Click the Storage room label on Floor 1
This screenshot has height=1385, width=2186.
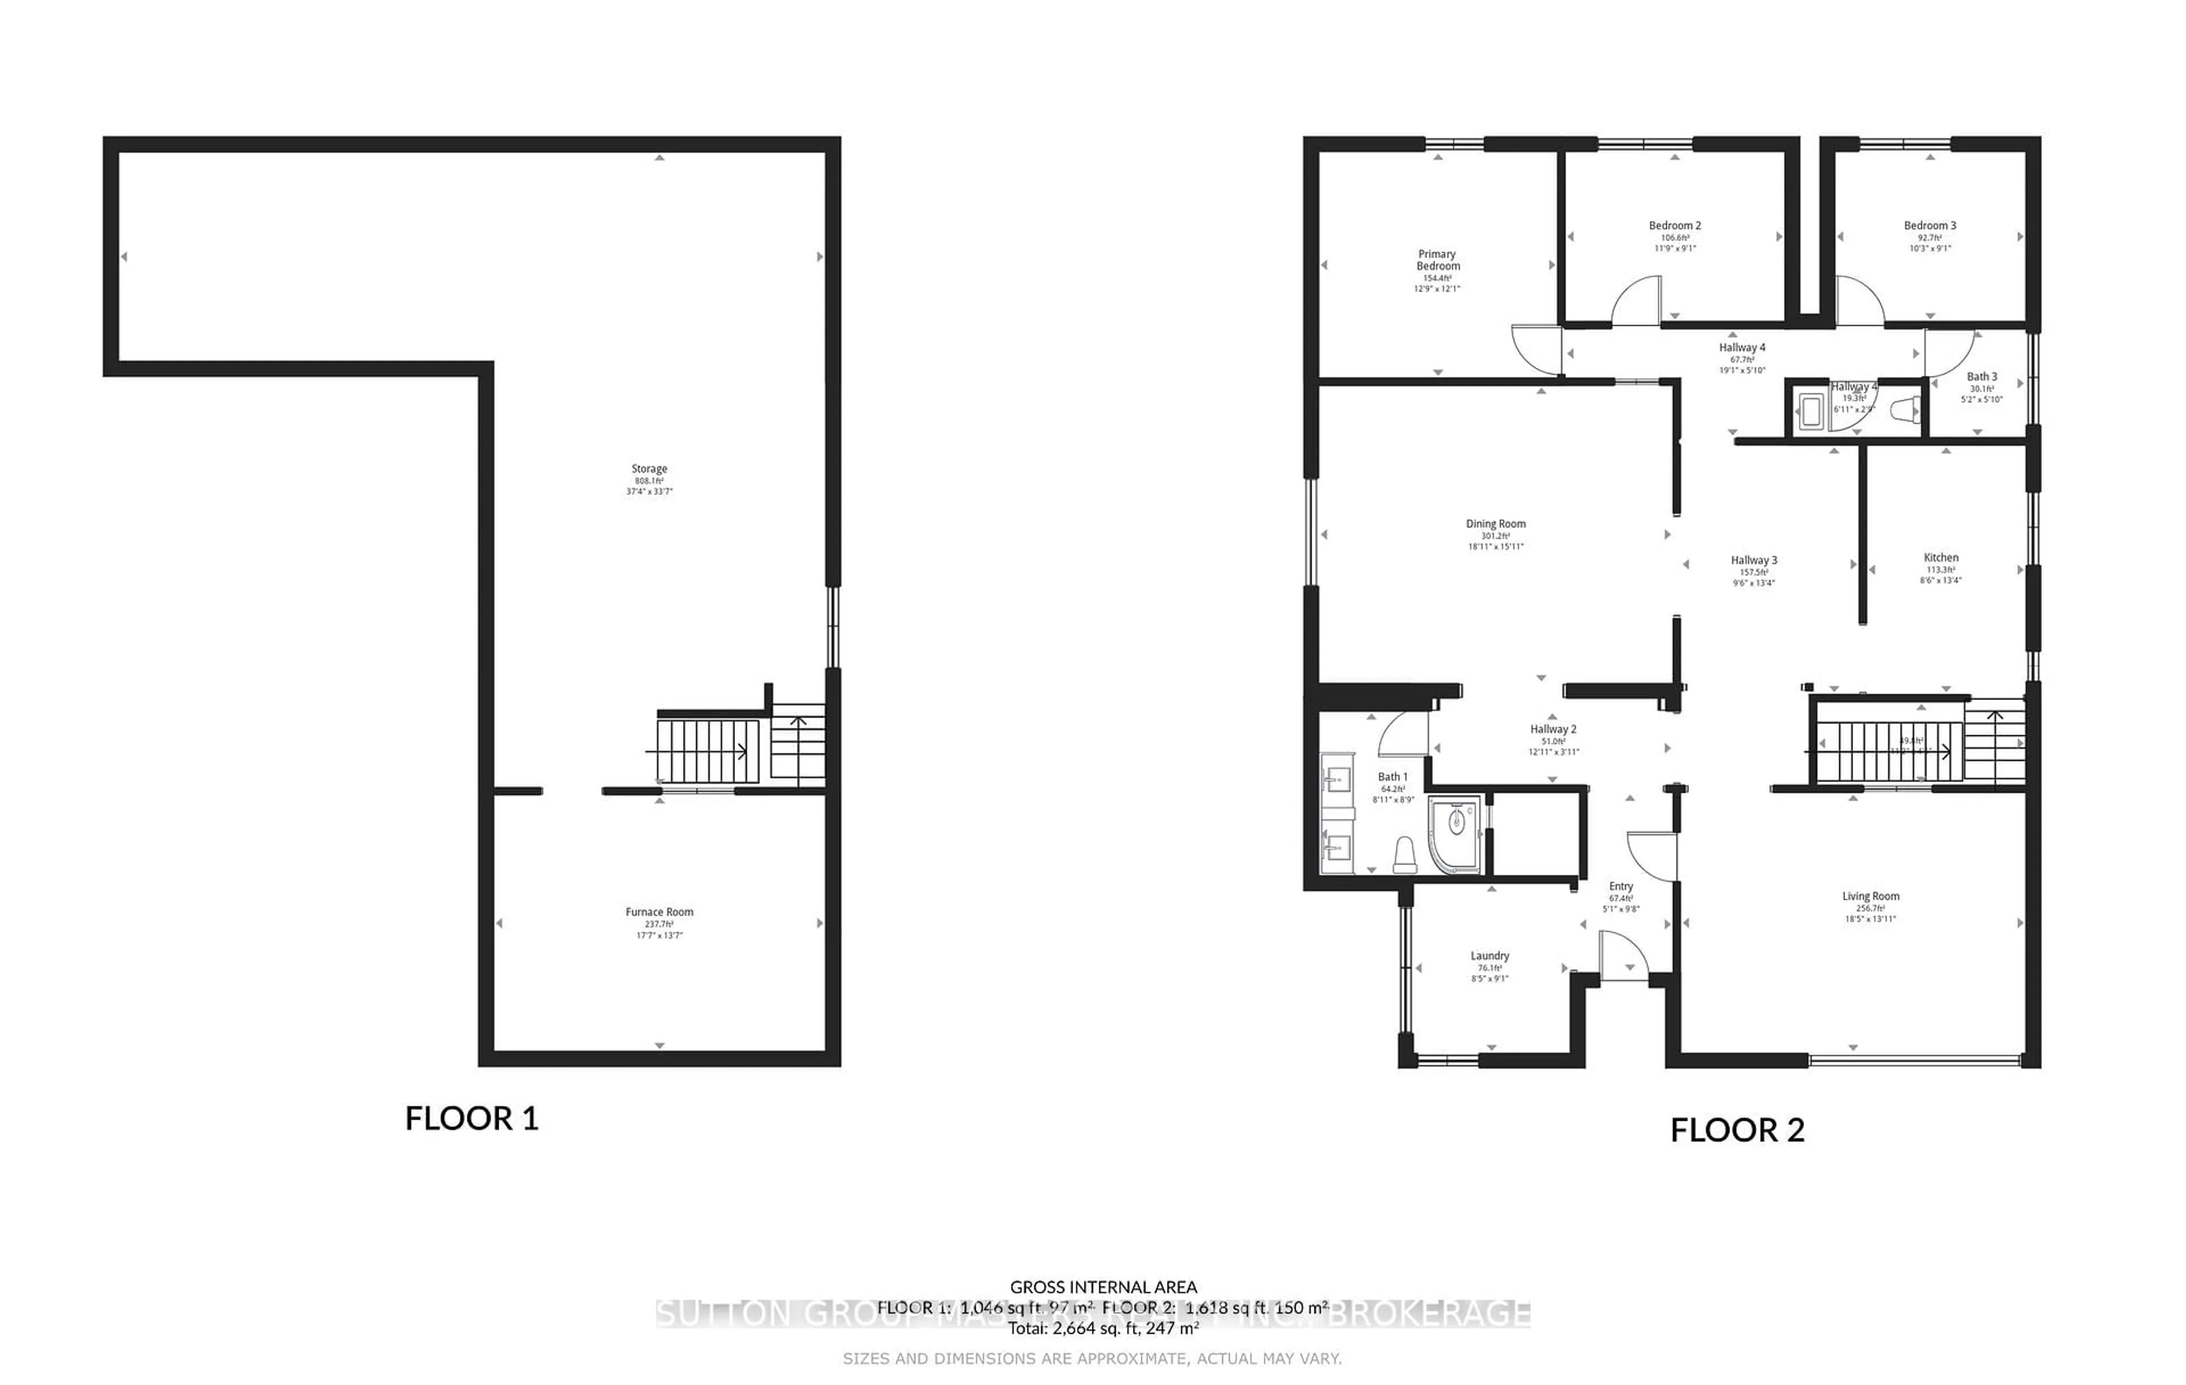[x=649, y=469]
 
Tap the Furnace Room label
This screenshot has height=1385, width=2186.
[x=659, y=912]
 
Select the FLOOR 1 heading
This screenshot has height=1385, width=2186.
[x=471, y=1118]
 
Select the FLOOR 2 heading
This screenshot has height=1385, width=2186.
[x=1737, y=1130]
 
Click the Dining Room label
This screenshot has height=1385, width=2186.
[x=1495, y=524]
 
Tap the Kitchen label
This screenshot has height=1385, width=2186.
[x=1940, y=558]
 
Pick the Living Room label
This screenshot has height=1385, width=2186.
[x=1870, y=896]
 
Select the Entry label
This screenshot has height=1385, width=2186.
[x=1621, y=886]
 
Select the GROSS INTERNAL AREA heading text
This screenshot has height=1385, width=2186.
[x=1103, y=1287]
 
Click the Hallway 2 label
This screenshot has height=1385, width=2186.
[x=1552, y=730]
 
